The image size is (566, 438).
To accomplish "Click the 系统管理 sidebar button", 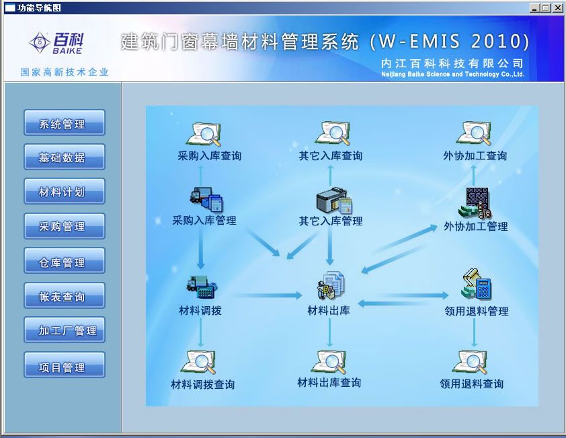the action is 65,123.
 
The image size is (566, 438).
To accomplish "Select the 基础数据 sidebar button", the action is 65,157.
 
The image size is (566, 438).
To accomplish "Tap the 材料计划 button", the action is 65,191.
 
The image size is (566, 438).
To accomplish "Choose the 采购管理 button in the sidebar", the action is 65,226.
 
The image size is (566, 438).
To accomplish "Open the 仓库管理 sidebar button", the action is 65,260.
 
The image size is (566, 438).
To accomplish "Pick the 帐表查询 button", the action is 65,295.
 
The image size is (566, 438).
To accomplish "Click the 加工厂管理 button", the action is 65,330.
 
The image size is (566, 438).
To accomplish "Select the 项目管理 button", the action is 65,365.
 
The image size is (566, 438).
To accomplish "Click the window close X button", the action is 557,7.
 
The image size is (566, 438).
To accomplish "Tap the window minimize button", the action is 535,7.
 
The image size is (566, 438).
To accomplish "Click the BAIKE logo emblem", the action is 39,42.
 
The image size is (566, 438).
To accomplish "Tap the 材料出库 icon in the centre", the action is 331,285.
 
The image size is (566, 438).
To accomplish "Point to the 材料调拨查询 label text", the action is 203,384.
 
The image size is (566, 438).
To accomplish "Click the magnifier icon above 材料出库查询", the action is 330,362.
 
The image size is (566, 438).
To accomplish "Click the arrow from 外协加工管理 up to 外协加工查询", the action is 474,176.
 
